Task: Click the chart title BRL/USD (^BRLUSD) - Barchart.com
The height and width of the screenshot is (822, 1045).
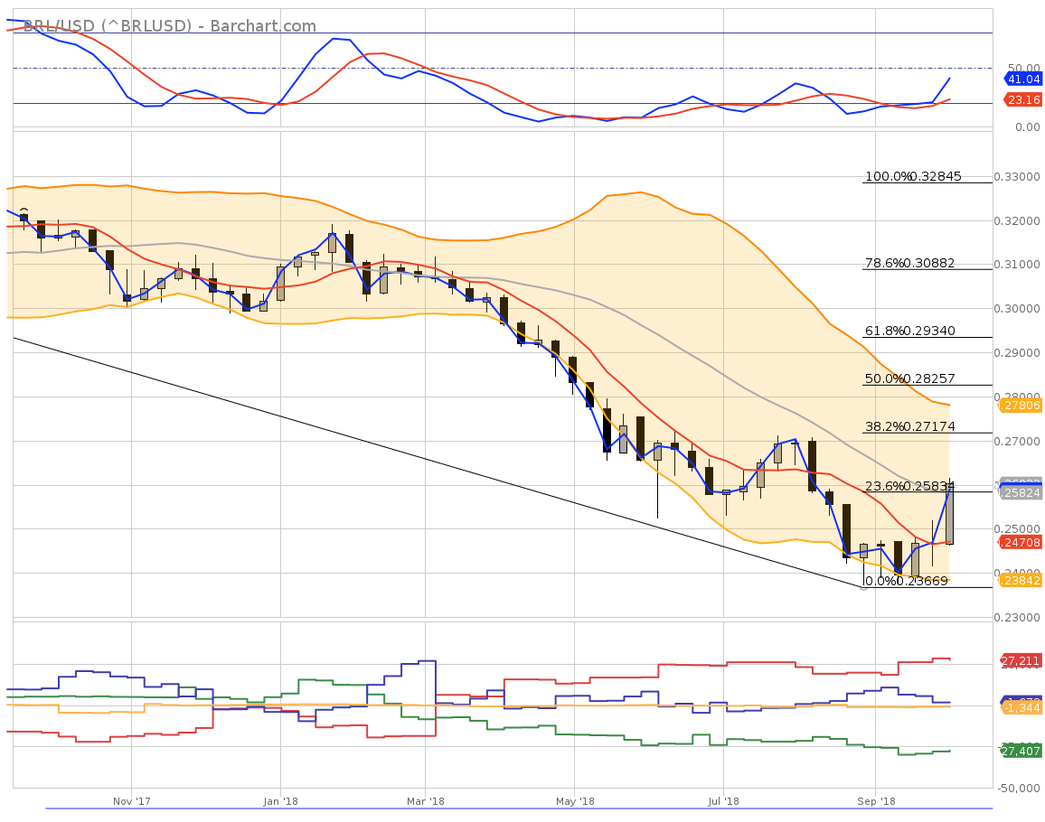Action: coord(170,25)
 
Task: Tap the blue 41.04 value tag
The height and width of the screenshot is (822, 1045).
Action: coord(1023,79)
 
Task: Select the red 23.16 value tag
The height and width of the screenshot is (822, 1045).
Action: coord(1023,99)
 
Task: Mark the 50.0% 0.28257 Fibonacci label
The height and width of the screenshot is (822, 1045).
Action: coord(910,378)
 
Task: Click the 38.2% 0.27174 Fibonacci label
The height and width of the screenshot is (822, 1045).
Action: coord(910,425)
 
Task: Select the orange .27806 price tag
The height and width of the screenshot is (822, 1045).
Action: coord(1021,406)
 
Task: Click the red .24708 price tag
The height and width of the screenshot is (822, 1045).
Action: coord(1021,542)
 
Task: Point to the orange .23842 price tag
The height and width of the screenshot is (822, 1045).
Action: coord(1021,581)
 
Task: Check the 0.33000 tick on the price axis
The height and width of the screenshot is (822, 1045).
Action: coord(1021,176)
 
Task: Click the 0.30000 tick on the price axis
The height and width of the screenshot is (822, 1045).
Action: coord(1021,308)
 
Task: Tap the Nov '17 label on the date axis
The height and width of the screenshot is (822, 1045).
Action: coord(131,801)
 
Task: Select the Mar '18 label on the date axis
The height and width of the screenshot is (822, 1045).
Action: coord(425,801)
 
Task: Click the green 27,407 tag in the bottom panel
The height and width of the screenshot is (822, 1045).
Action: coord(1021,751)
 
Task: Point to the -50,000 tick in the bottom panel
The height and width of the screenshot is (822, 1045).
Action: coord(1018,789)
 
